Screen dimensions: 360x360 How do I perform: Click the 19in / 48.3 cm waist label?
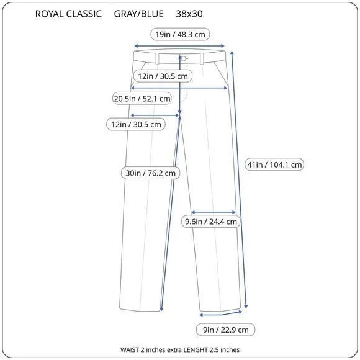click(x=180, y=34)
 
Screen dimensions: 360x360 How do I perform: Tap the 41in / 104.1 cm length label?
click(x=274, y=164)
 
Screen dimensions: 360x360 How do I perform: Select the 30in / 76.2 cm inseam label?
click(x=150, y=173)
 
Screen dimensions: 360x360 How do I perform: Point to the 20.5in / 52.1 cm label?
click(x=142, y=99)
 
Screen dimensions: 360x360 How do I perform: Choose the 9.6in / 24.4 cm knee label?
click(x=211, y=222)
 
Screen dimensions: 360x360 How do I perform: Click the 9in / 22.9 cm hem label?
click(x=226, y=330)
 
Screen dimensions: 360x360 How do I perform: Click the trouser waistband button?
click(x=184, y=59)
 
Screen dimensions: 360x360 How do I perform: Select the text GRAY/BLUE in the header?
click(x=138, y=14)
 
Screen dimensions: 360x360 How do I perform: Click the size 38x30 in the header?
click(x=189, y=14)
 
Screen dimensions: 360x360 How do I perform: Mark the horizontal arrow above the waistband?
click(x=179, y=46)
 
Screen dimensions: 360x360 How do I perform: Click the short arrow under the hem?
click(x=221, y=314)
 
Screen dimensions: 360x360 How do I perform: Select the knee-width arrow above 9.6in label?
click(x=214, y=212)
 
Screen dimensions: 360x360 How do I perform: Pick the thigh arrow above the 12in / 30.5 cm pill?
click(x=155, y=115)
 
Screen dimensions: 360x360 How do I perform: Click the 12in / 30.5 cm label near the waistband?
click(x=163, y=76)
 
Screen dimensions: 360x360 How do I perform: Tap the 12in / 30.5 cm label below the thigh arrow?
click(x=136, y=124)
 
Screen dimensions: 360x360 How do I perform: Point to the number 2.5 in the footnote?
click(x=214, y=350)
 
